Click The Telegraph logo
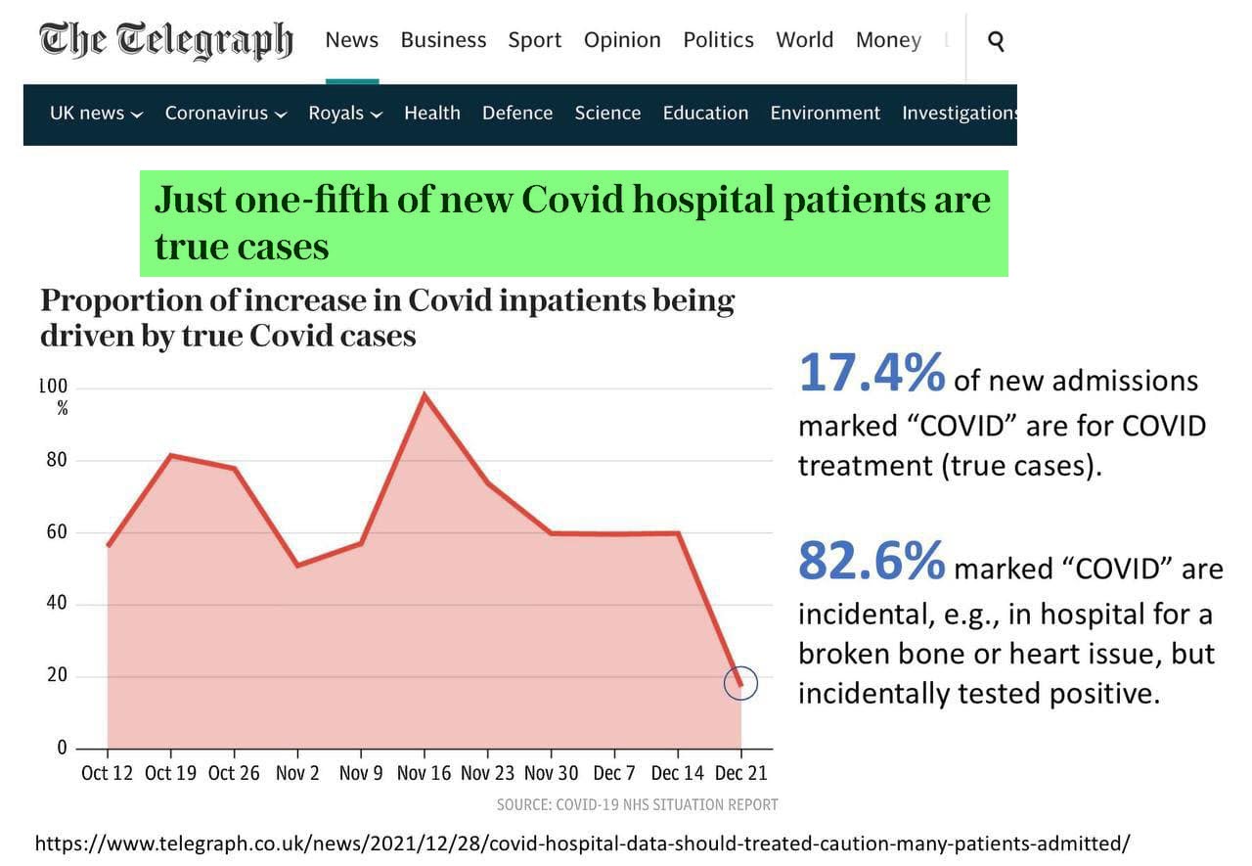click(165, 40)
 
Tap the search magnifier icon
click(996, 41)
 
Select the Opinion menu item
click(622, 40)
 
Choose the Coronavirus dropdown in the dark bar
click(225, 114)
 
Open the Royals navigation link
click(344, 114)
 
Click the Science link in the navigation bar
click(607, 114)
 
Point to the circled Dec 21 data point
click(740, 683)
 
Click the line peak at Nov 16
click(425, 394)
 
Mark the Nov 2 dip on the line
click(297, 566)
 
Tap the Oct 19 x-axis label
click(170, 773)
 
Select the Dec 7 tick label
click(614, 773)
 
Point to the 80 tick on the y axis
click(57, 460)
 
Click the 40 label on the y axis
click(57, 604)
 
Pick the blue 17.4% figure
click(872, 374)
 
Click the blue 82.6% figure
click(872, 561)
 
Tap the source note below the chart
click(637, 805)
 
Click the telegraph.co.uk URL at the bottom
click(582, 843)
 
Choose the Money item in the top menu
click(887, 40)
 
